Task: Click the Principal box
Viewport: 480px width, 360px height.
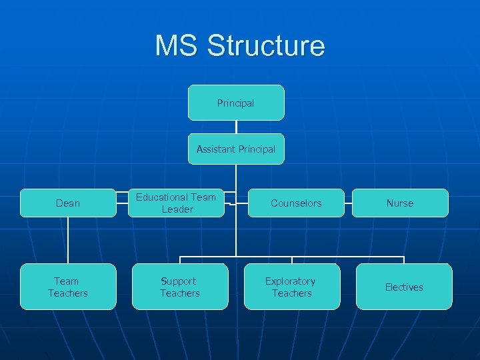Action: click(236, 103)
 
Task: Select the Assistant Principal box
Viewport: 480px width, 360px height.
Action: click(236, 149)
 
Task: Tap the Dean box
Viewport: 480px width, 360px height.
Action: click(68, 203)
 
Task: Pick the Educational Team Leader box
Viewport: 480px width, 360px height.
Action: click(177, 203)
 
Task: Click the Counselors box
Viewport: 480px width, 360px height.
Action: click(296, 203)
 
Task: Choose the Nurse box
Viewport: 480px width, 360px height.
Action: click(400, 203)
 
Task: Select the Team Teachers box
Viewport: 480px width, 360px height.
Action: click(68, 287)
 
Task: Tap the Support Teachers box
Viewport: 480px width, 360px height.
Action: click(180, 287)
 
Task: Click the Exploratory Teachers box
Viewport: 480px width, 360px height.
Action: click(291, 287)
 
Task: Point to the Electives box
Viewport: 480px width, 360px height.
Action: click(404, 287)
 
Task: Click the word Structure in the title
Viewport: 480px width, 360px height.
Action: click(266, 46)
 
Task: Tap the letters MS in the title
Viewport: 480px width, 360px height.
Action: click(177, 46)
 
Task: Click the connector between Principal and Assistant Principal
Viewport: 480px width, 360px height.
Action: click(236, 127)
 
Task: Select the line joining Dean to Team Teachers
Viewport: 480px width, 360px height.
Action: click(68, 240)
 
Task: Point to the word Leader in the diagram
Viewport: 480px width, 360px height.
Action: click(177, 209)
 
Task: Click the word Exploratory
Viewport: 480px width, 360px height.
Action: click(291, 281)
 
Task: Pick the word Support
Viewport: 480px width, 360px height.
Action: click(179, 281)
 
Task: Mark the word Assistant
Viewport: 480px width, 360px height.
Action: click(216, 149)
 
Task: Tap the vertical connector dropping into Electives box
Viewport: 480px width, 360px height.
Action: click(404, 260)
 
